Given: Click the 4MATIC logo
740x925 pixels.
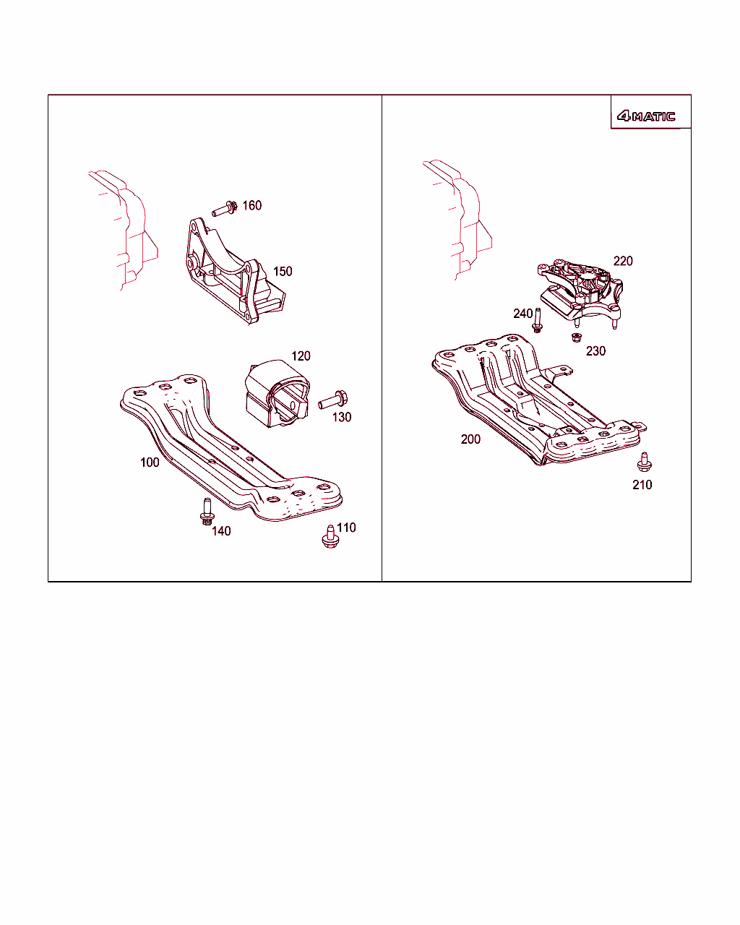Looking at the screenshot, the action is (646, 116).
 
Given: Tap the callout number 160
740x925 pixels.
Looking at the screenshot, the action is (252, 205).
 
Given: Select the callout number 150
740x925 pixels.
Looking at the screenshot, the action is (283, 272).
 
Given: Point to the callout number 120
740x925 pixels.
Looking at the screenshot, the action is (301, 356).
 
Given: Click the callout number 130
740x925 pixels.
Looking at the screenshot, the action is (342, 417).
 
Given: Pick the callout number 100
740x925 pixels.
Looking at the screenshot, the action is (150, 462).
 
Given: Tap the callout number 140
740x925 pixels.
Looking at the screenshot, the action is (221, 531).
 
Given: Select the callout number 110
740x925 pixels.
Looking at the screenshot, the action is (346, 528).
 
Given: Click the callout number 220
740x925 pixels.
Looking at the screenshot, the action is (623, 261).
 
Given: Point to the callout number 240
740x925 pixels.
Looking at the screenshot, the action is (523, 314).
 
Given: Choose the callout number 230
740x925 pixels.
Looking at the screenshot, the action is (595, 351).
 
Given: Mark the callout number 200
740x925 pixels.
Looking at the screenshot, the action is (471, 439).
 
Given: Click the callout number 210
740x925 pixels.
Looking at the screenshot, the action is (642, 485).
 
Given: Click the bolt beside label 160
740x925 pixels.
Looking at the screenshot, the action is (225, 209).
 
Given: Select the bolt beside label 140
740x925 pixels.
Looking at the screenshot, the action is (207, 512).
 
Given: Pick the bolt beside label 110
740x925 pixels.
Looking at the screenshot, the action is (330, 537).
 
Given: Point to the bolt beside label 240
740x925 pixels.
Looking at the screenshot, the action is (538, 320).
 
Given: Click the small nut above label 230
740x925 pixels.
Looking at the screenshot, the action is (577, 337).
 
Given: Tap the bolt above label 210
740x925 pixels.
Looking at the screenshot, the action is (644, 462).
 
